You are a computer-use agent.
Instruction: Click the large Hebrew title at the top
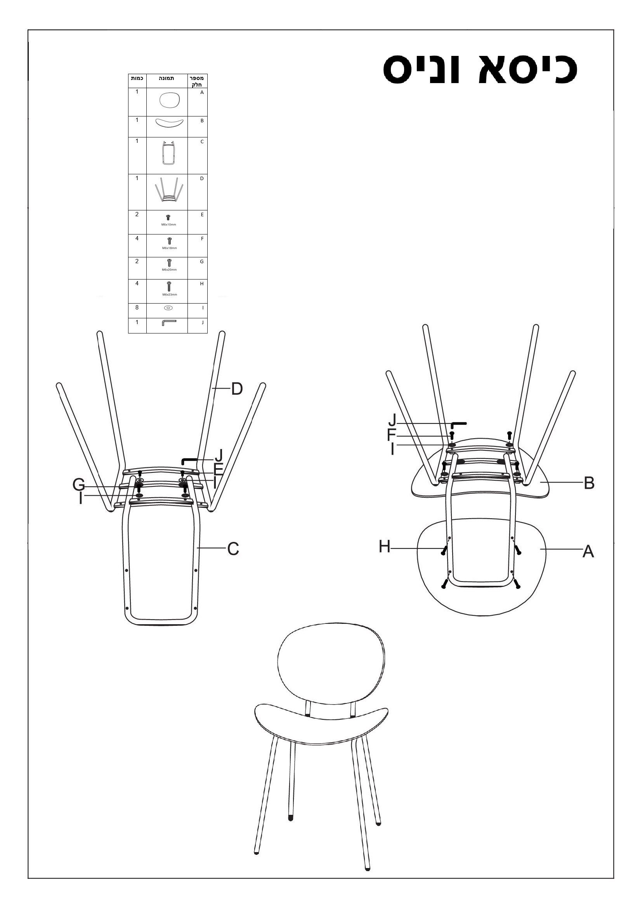480,69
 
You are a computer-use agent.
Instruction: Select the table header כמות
137,78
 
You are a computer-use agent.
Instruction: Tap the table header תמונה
167,78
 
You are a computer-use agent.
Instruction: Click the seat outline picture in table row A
170,100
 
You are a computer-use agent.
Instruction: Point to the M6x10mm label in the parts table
169,225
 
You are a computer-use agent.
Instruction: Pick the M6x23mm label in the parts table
170,295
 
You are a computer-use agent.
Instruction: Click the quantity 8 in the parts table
137,307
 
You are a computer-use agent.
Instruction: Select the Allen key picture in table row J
169,322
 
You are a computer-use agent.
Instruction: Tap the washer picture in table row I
168,308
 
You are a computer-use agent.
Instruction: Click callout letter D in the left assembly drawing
237,389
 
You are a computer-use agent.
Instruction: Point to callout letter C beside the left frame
233,549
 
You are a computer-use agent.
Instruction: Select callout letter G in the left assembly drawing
79,484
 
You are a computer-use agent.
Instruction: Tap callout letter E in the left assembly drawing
218,469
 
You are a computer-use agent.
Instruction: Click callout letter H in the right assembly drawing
384,547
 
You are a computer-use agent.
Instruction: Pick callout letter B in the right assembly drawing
589,483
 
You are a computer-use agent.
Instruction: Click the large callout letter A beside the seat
588,551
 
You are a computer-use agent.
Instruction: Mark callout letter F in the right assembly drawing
391,435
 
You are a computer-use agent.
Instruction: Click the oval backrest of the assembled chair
331,665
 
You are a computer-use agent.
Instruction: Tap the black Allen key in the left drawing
196,461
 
